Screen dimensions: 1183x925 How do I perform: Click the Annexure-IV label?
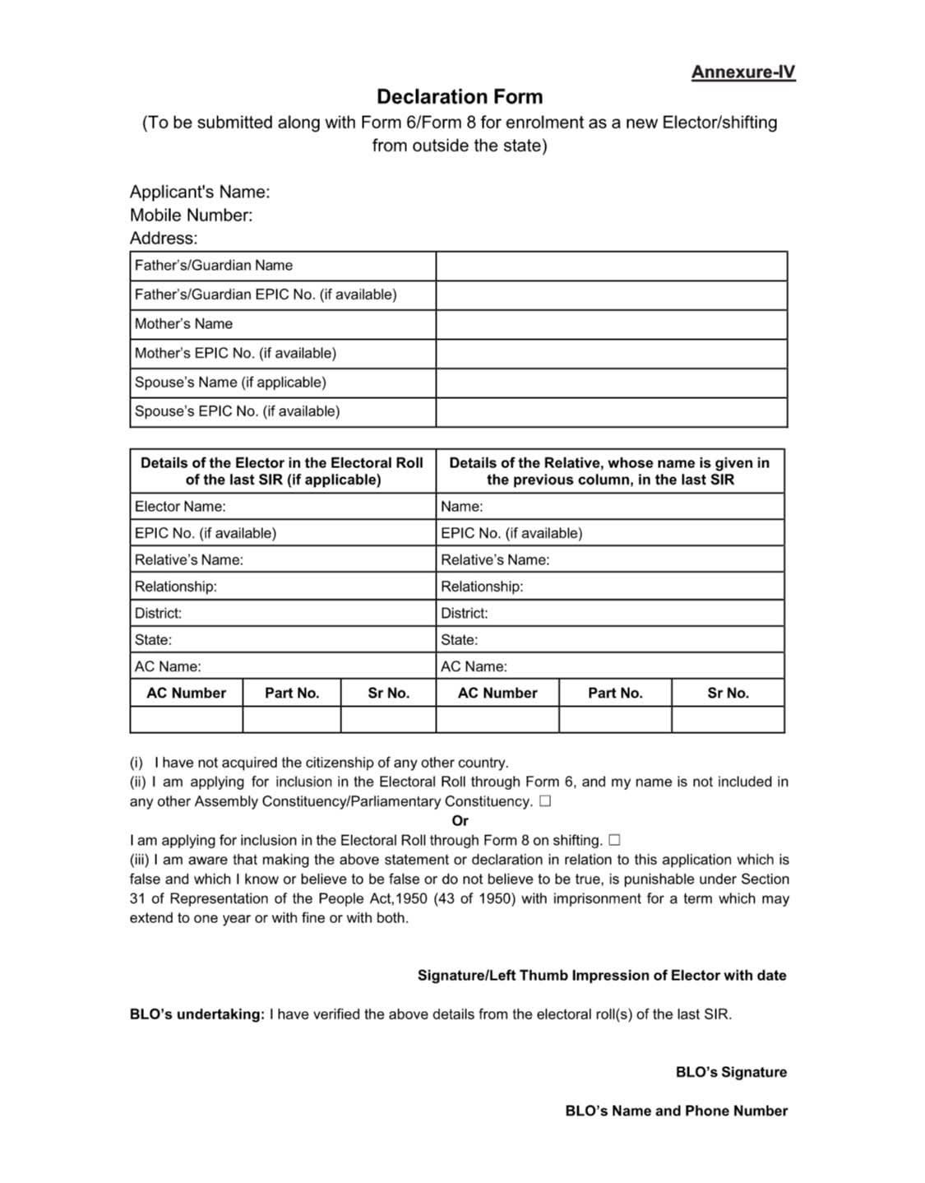[x=742, y=72]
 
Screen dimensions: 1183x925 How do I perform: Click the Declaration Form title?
[x=460, y=97]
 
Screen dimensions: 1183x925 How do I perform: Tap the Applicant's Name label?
[x=200, y=192]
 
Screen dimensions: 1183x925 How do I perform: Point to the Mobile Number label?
[x=191, y=215]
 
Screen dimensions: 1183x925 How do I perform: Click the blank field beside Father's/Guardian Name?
[x=611, y=266]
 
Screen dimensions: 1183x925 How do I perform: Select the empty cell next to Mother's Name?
[x=611, y=324]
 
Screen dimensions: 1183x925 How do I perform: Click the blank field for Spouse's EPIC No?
[x=611, y=411]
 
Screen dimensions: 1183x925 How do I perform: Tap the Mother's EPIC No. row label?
[x=235, y=353]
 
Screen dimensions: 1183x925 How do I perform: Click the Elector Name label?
[x=180, y=506]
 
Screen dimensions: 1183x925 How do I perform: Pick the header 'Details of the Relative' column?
[x=609, y=471]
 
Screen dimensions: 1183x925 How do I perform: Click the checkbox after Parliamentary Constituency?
[x=545, y=801]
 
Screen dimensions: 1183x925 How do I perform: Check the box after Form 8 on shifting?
[x=613, y=840]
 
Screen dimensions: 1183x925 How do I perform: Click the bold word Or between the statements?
[x=460, y=820]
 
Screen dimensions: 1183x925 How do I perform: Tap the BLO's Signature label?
[x=731, y=1072]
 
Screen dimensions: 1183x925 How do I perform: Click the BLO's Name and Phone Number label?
[x=676, y=1111]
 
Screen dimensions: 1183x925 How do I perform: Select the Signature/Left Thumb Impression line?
[x=602, y=975]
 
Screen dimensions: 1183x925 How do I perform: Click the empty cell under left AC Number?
[x=187, y=719]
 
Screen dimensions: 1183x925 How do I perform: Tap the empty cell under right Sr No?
[x=728, y=719]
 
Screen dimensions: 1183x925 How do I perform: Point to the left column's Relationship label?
[x=176, y=587]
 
